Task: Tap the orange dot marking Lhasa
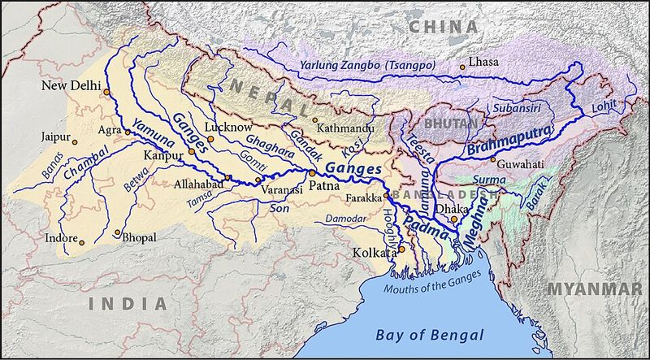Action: click(462, 67)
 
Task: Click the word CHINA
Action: click(447, 27)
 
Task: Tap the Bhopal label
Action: click(141, 236)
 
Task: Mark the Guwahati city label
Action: click(520, 163)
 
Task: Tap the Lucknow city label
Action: click(232, 128)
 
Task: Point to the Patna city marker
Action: click(311, 173)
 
